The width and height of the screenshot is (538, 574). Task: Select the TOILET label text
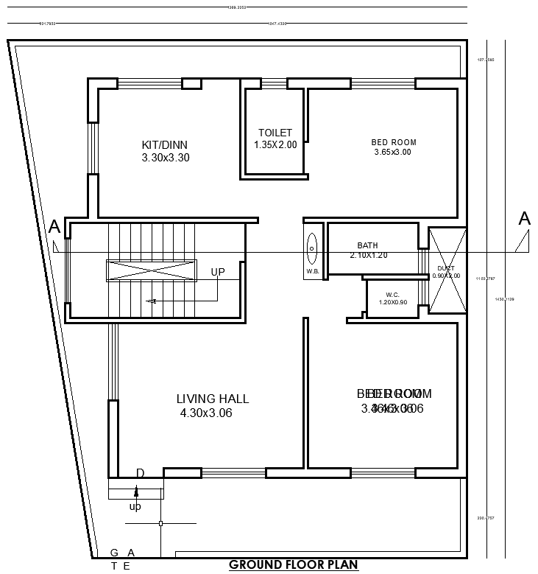(275, 133)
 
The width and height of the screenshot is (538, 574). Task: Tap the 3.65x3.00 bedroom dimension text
(392, 153)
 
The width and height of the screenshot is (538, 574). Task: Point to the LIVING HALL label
(213, 399)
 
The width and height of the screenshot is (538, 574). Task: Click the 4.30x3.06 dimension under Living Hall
(206, 413)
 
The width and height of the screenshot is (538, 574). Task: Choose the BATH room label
(367, 245)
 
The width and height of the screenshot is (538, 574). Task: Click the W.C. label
(392, 294)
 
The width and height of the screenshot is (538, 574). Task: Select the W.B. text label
(312, 270)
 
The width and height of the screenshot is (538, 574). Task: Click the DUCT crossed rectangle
(447, 270)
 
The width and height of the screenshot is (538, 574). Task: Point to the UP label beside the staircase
(218, 272)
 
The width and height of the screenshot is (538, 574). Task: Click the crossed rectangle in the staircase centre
(152, 271)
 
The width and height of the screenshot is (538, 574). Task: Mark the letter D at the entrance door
(140, 472)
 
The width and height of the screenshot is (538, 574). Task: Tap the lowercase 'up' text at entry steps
(135, 506)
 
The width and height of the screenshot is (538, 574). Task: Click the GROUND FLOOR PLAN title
(293, 565)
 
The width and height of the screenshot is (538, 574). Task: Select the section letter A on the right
(524, 219)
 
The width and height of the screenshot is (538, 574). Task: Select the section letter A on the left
(54, 227)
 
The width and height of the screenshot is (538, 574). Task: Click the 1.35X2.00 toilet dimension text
(275, 145)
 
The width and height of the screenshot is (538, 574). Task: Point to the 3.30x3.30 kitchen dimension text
(166, 158)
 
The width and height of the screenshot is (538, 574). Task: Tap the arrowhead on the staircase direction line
(152, 301)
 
